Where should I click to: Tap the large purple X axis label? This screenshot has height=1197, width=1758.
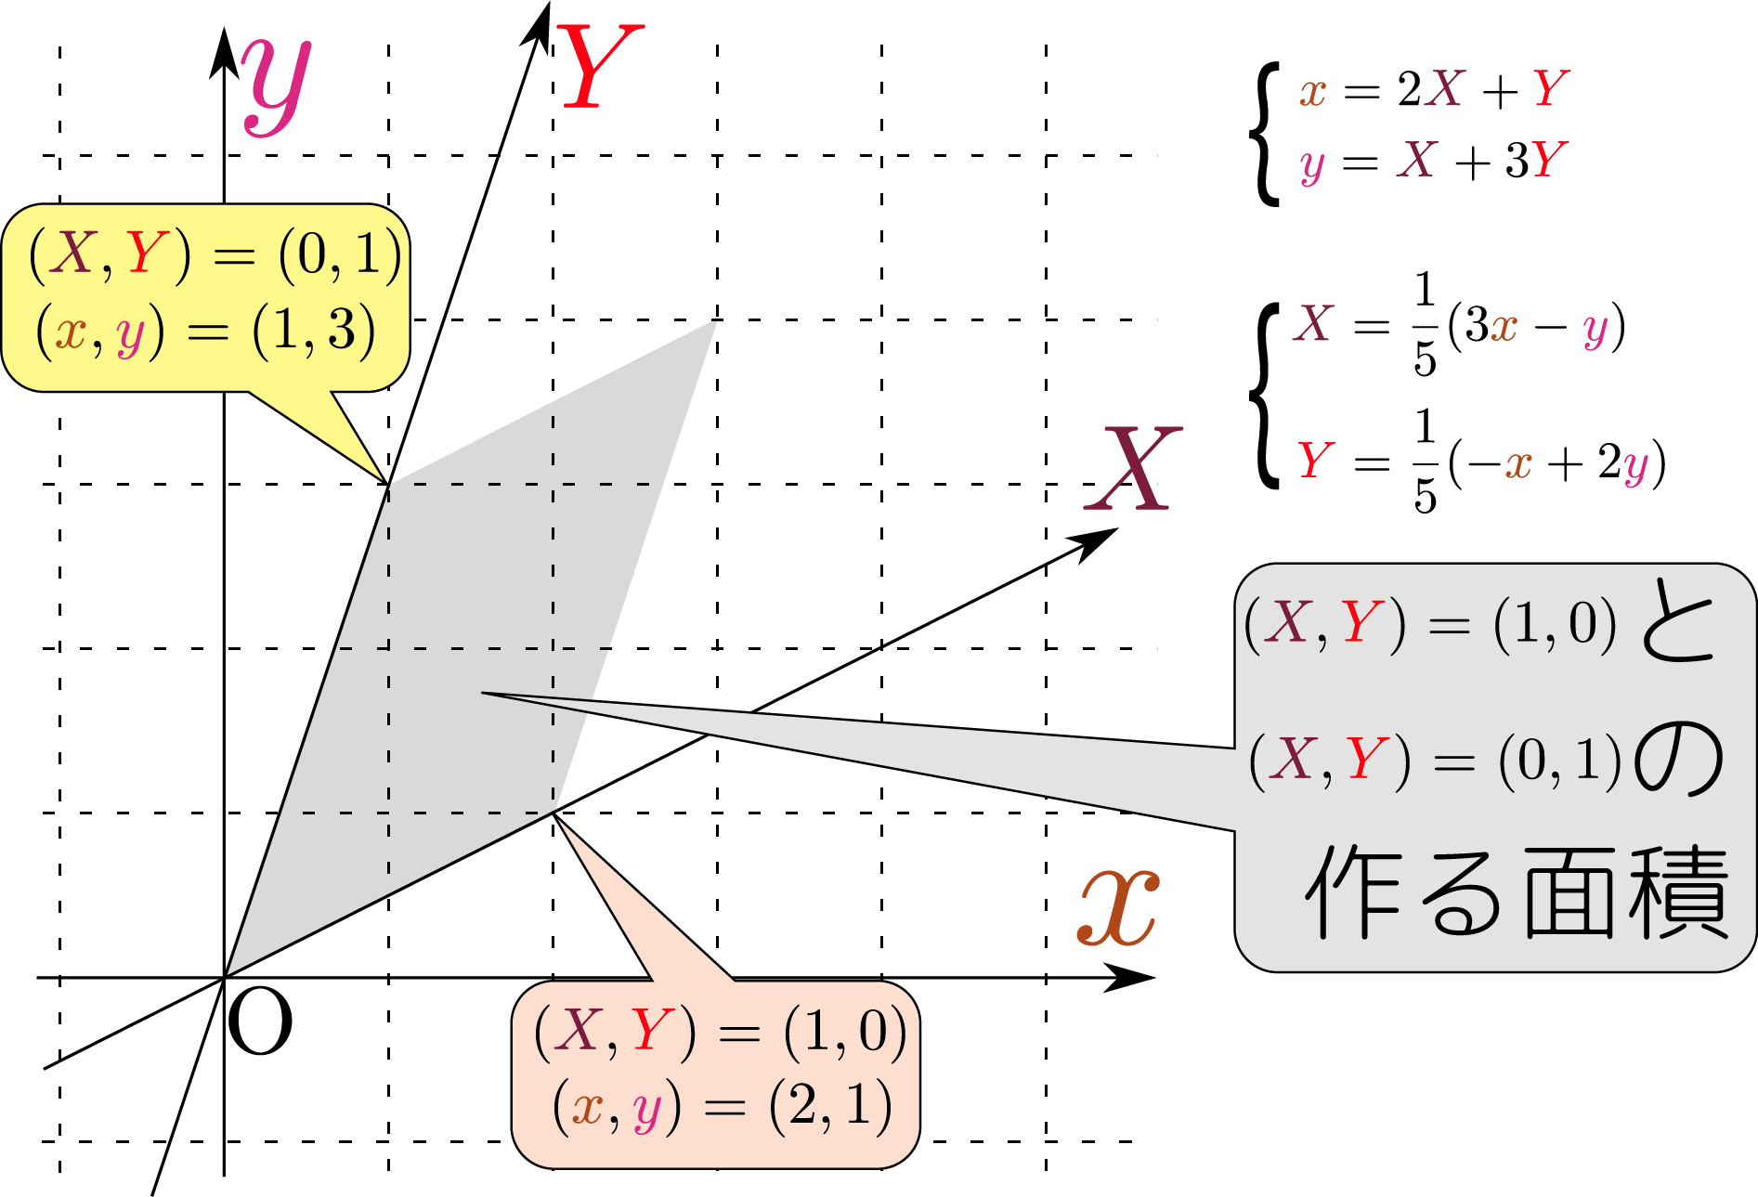pyautogui.click(x=1134, y=469)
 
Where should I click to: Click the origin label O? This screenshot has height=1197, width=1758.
pyautogui.click(x=259, y=1022)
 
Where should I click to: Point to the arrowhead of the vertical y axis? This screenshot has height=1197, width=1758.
pyautogui.click(x=224, y=51)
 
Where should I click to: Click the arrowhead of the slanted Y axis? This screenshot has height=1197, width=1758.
pyautogui.click(x=540, y=23)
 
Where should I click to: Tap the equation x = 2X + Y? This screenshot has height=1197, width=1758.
pyautogui.click(x=1434, y=90)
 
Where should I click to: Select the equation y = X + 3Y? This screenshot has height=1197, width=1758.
pyautogui.click(x=1434, y=162)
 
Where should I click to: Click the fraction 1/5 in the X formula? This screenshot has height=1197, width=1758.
pyautogui.click(x=1425, y=324)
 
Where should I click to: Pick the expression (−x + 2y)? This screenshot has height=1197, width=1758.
pyautogui.click(x=1556, y=462)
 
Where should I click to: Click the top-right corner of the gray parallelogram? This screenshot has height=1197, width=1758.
pyautogui.click(x=716, y=321)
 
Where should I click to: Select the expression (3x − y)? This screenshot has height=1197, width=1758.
pyautogui.click(x=1536, y=326)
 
